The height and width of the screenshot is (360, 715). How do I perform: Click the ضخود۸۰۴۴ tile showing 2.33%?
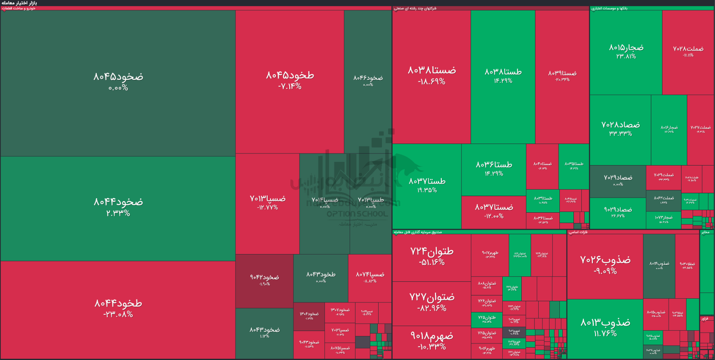point(118,207)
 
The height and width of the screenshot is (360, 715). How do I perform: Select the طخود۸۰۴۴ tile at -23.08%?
point(118,308)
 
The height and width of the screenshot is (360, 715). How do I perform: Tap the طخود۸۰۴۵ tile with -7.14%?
point(290,81)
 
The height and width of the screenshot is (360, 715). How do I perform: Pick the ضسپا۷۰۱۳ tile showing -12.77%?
point(267,203)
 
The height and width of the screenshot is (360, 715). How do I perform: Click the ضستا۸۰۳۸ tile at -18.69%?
point(432,75)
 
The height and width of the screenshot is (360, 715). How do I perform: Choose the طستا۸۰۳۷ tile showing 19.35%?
point(427,185)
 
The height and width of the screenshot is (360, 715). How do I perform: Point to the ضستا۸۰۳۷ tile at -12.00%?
point(494,211)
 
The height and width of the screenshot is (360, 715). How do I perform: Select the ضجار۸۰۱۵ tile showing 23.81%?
point(626,51)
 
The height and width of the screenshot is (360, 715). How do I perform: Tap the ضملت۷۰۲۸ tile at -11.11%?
point(688,51)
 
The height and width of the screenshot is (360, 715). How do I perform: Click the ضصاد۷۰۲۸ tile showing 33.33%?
point(620,128)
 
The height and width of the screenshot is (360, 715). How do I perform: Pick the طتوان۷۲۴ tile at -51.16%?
point(432,256)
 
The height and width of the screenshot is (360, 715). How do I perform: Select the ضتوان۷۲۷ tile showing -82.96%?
point(432,302)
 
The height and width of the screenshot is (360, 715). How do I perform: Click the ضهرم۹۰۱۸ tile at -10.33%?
point(432,341)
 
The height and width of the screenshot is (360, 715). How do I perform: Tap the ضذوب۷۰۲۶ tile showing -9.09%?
point(605,264)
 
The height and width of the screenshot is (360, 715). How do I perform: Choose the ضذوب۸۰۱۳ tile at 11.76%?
point(605,327)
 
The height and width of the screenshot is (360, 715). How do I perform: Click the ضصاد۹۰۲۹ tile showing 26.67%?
point(618,212)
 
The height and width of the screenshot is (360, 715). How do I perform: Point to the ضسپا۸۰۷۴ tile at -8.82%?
point(370,277)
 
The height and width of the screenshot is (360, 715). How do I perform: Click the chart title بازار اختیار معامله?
point(19,3)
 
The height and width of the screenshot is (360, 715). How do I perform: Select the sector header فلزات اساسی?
point(578,232)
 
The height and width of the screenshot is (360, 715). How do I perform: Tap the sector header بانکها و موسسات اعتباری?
point(609,8)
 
